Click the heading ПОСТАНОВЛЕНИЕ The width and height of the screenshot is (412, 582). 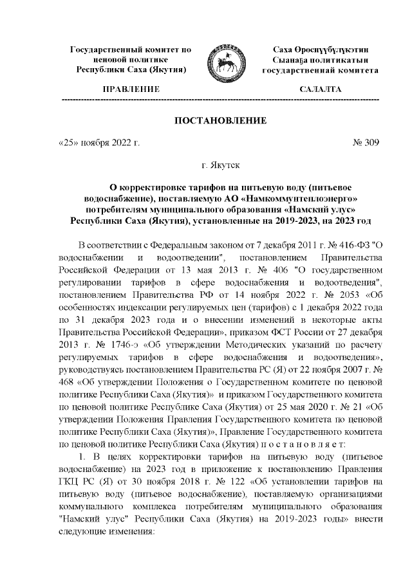[x=218, y=121]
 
